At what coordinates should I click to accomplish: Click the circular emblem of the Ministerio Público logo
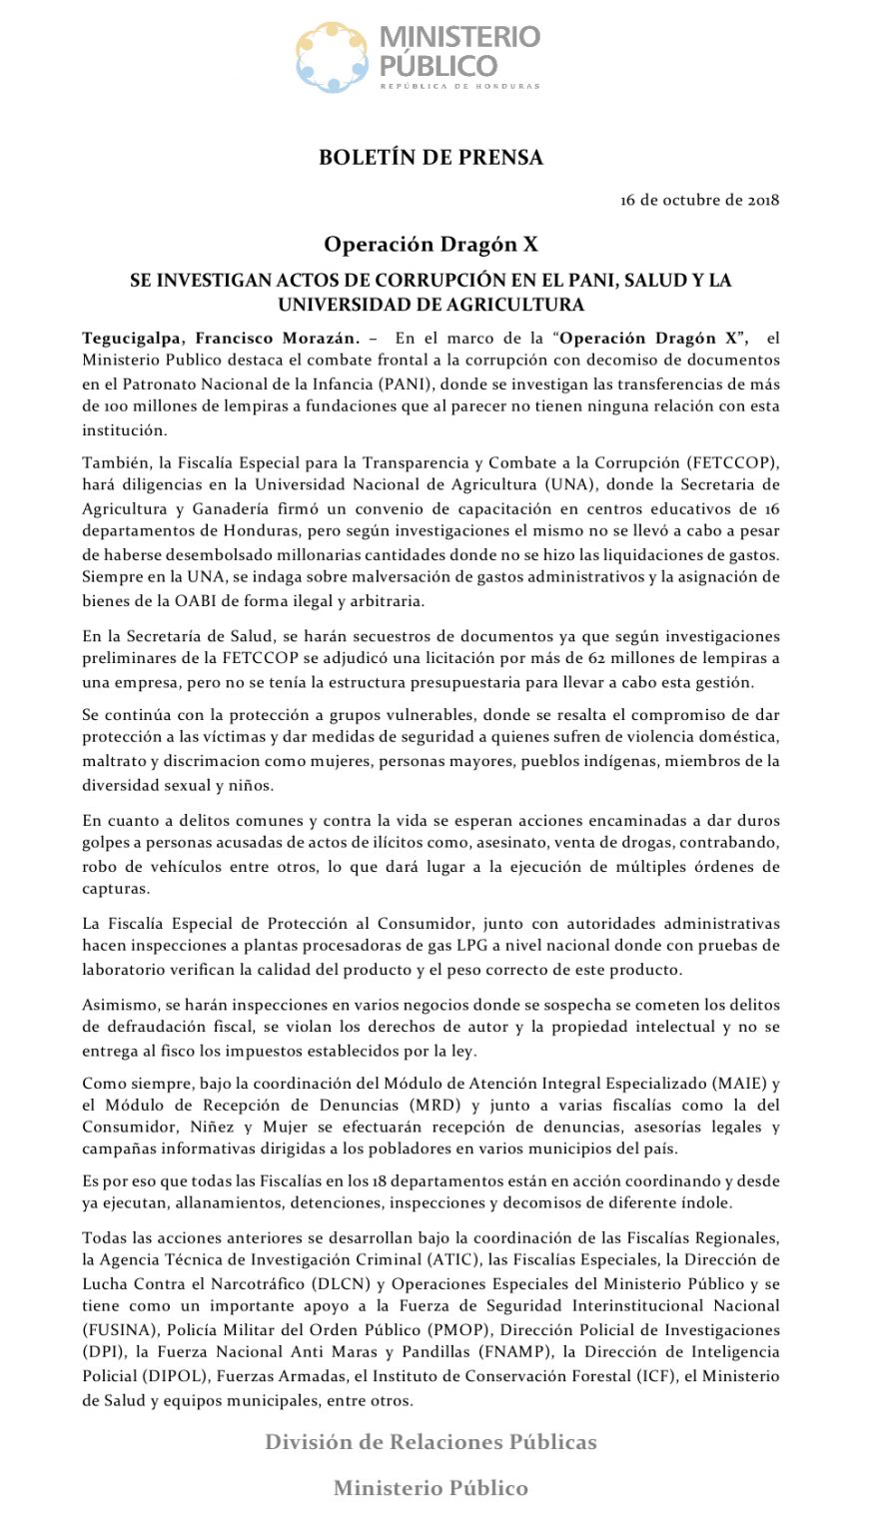pyautogui.click(x=332, y=58)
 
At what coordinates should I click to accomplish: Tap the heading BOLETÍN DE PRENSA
pyautogui.click(x=431, y=158)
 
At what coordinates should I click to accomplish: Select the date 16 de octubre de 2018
pyautogui.click(x=699, y=200)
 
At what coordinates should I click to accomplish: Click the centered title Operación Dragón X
pyautogui.click(x=431, y=245)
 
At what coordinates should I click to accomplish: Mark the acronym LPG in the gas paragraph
pyautogui.click(x=477, y=945)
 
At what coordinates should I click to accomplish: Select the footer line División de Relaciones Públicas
pyautogui.click(x=431, y=1442)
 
